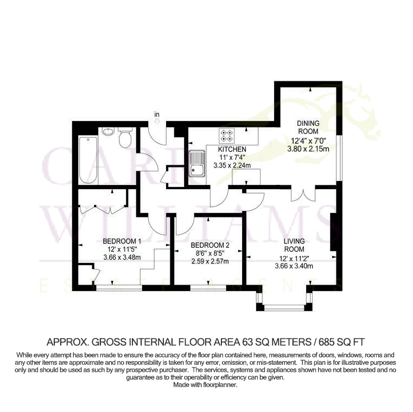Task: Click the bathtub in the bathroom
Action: pos(88,160)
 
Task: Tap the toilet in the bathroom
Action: pos(125,137)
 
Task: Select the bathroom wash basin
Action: pos(108,131)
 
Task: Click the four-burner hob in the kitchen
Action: pos(227,136)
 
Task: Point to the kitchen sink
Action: pos(197,163)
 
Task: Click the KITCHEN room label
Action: pos(232,150)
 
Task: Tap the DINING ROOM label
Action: pos(308,127)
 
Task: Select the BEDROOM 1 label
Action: pos(122,241)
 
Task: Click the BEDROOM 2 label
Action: pos(210,246)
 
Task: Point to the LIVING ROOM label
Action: pos(294,245)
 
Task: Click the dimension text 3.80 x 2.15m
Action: pos(308,149)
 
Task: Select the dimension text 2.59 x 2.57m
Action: pos(210,261)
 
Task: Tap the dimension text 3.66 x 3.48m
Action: pos(122,257)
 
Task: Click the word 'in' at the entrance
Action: pos(157,114)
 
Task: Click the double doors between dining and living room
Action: pos(303,195)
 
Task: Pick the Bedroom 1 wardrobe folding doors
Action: pos(103,209)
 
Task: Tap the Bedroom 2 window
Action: pos(208,288)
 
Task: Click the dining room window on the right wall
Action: pos(340,158)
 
